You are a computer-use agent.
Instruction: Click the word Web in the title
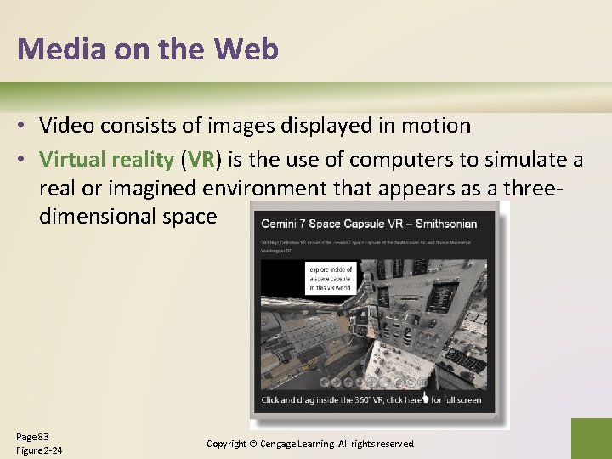pyautogui.click(x=246, y=49)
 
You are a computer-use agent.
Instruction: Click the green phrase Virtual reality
pyautogui.click(x=106, y=159)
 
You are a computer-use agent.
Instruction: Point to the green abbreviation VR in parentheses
pyautogui.click(x=201, y=159)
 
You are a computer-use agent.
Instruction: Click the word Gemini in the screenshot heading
pyautogui.click(x=283, y=224)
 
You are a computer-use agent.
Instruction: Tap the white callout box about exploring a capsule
pyautogui.click(x=330, y=279)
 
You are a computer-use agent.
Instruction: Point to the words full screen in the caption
pyautogui.click(x=459, y=399)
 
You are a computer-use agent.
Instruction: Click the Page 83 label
pyautogui.click(x=32, y=436)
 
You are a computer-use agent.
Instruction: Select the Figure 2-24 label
pyautogui.click(x=39, y=450)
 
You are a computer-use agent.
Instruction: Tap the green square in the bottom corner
pyautogui.click(x=591, y=438)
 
